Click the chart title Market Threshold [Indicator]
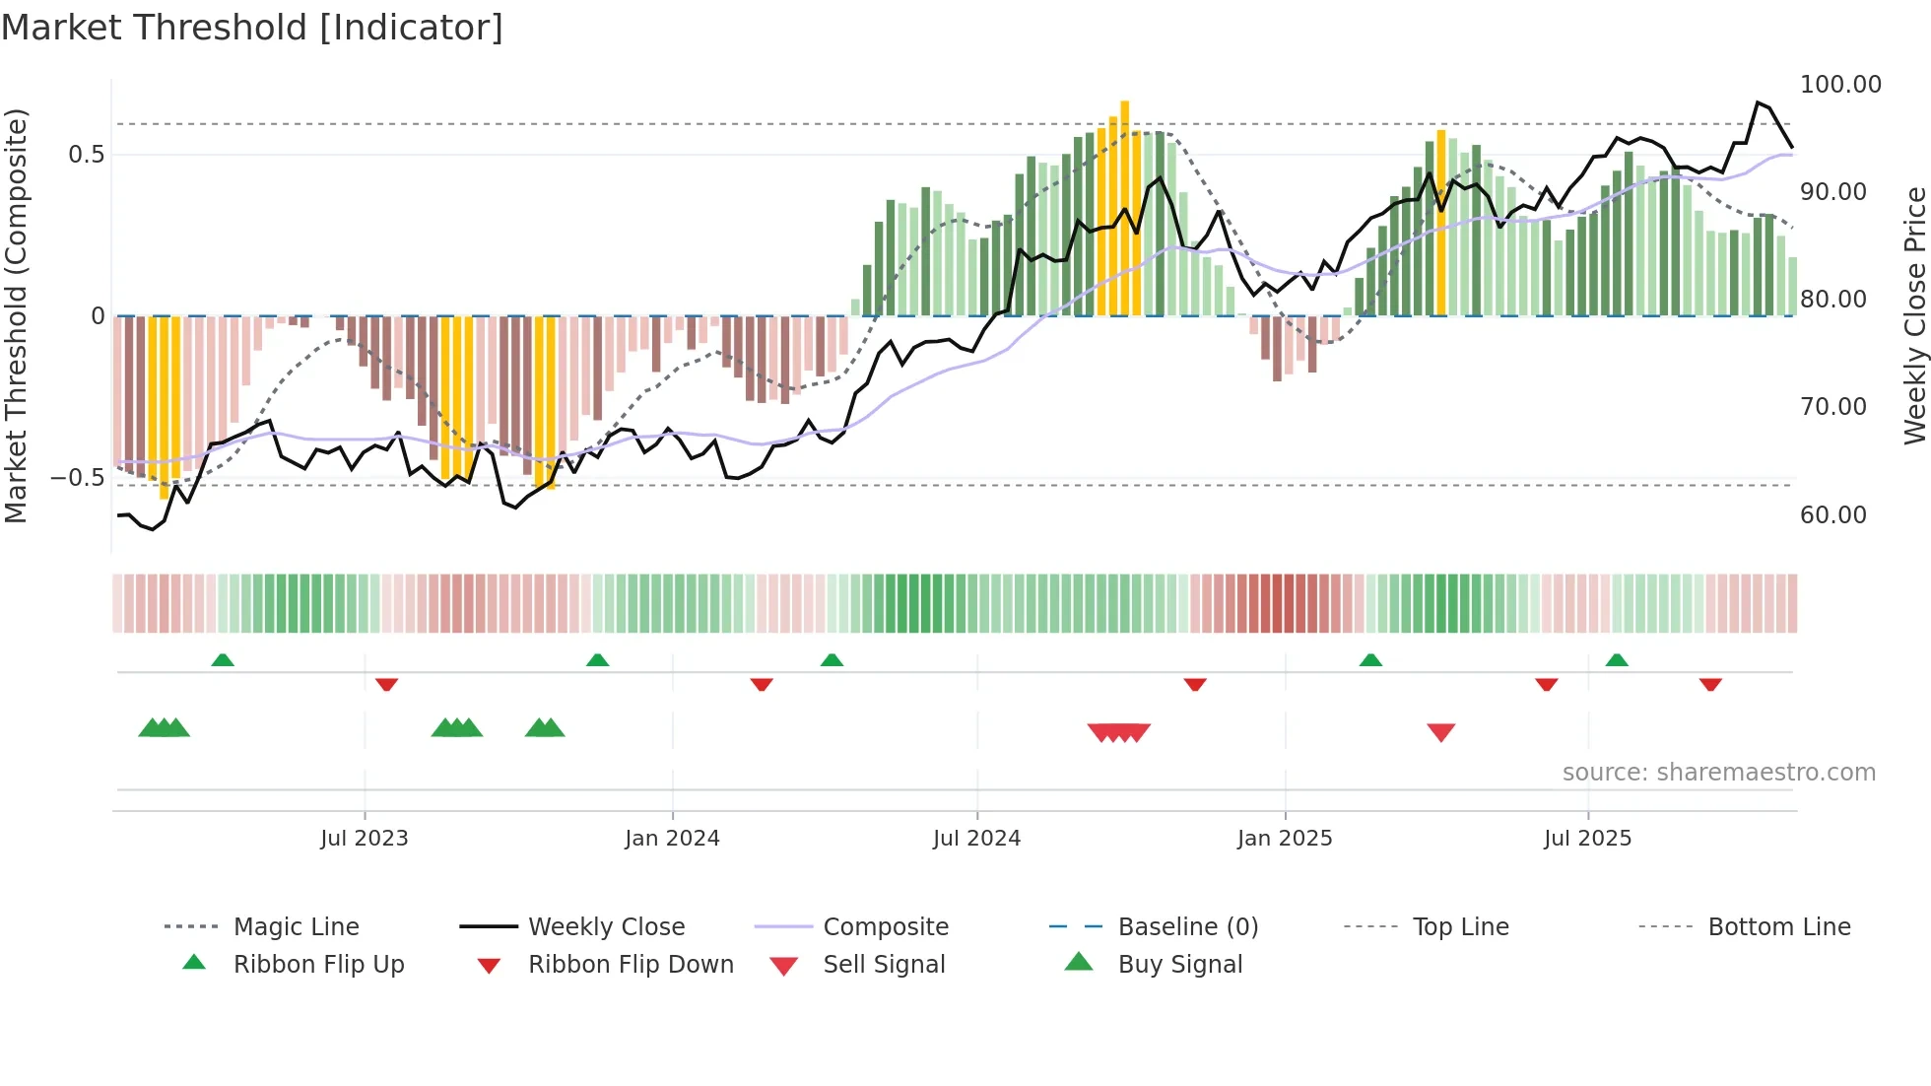click(x=252, y=28)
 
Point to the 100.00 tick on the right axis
click(x=1839, y=85)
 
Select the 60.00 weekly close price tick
click(x=1832, y=514)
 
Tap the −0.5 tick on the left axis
click(x=78, y=478)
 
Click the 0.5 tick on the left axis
click(x=86, y=155)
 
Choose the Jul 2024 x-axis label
click(x=976, y=839)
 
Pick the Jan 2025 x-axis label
click(x=1284, y=839)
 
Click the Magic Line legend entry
click(x=296, y=927)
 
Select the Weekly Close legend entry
click(x=606, y=927)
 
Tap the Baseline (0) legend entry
click(x=1187, y=927)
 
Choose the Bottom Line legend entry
click(x=1778, y=927)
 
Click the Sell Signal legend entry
click(x=883, y=965)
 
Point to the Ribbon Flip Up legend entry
click(x=318, y=965)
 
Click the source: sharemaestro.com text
click(x=1718, y=773)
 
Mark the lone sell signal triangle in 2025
click(x=1440, y=732)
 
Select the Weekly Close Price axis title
click(x=1914, y=315)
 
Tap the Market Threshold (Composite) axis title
click(x=16, y=315)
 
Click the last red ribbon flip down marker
click(x=1709, y=684)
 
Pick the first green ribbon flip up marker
click(x=223, y=660)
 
